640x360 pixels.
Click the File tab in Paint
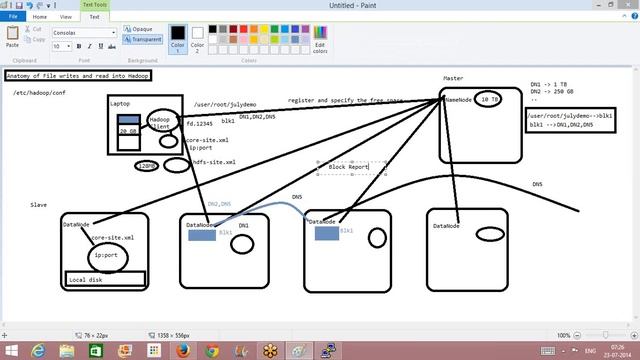pos(13,17)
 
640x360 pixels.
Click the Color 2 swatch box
pos(197,38)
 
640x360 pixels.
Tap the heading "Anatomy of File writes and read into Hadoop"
pos(77,76)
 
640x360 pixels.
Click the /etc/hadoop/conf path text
pos(38,93)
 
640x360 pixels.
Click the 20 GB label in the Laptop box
pos(128,131)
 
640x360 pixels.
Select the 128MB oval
pos(146,166)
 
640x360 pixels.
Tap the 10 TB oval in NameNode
pos(488,100)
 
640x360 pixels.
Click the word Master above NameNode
pos(453,78)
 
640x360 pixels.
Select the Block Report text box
pos(349,166)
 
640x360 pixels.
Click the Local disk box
pos(105,279)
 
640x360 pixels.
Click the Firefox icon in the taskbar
pos(182,350)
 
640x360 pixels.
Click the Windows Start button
pos(11,350)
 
